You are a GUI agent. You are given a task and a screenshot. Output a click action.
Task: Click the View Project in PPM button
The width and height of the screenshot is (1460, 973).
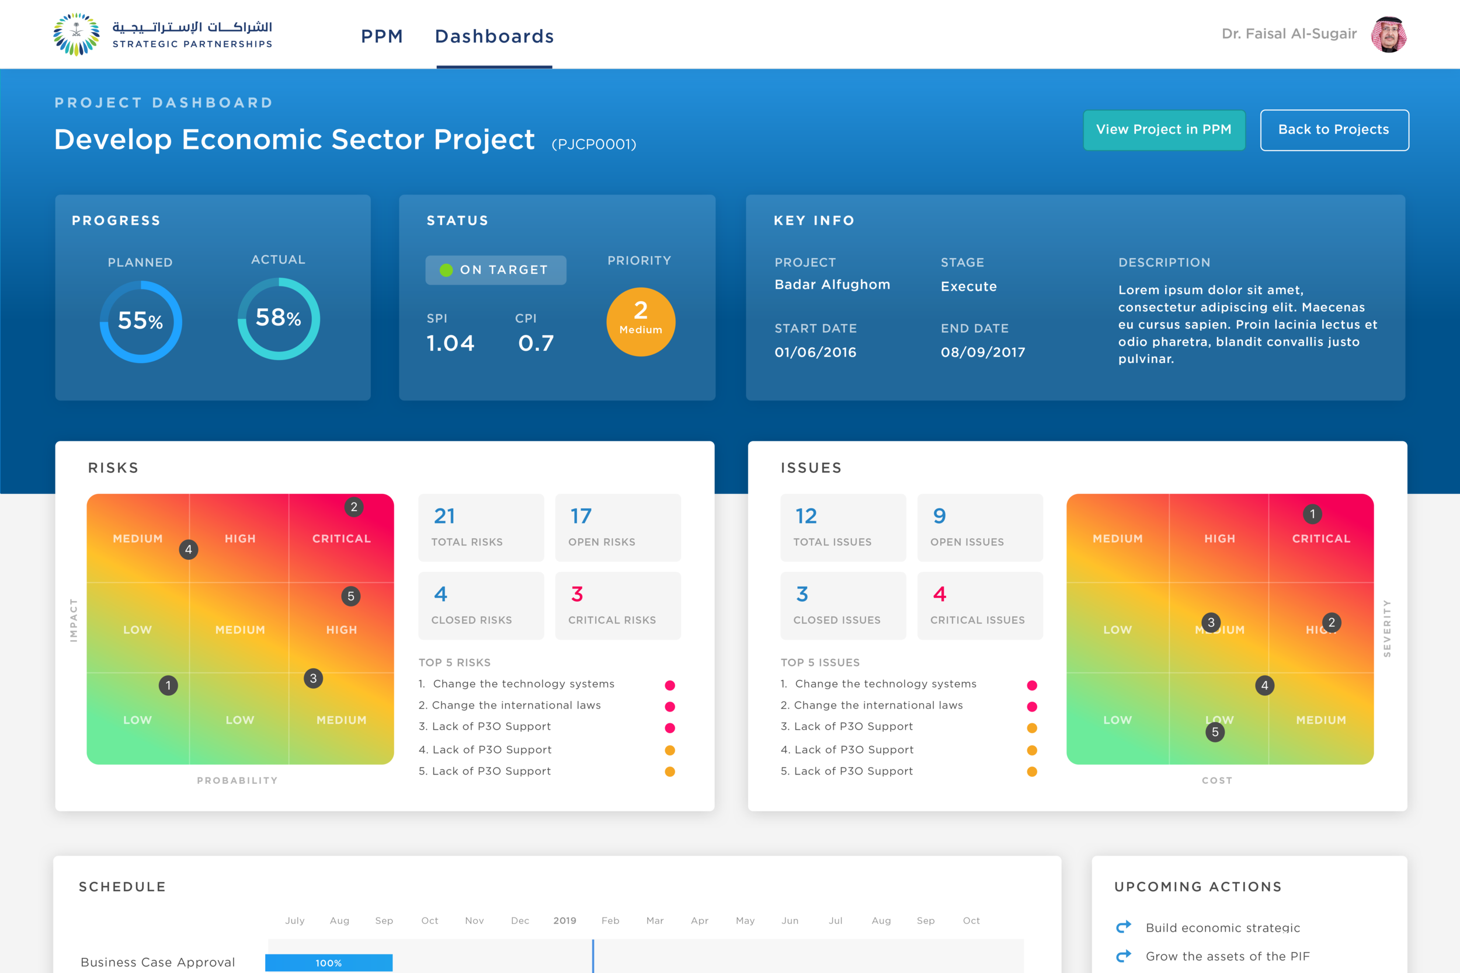[x=1163, y=130]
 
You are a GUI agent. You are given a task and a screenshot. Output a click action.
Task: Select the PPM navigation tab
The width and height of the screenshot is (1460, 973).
[x=382, y=36]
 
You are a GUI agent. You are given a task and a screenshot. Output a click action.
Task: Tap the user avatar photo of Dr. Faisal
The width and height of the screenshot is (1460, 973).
[x=1388, y=35]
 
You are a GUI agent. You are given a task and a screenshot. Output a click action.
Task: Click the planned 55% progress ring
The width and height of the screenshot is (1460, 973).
[x=141, y=322]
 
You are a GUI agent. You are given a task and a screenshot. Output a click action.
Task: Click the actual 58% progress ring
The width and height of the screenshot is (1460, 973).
[x=279, y=318]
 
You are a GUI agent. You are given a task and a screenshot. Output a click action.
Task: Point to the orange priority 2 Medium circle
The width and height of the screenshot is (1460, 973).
[x=641, y=322]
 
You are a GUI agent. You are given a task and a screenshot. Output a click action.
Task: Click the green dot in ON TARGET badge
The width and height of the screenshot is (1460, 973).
[x=446, y=270]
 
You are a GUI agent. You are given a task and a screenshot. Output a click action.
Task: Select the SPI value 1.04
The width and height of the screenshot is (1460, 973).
[x=450, y=343]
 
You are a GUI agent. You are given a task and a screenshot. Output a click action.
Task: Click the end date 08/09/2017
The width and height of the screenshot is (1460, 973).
[x=983, y=352]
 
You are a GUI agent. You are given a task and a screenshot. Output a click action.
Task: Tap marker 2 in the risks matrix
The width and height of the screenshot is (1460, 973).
[x=354, y=507]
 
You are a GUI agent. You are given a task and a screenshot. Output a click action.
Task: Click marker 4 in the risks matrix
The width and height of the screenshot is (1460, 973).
[x=189, y=549]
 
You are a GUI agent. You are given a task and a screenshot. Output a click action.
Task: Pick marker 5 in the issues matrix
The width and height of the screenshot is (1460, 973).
[x=1215, y=733]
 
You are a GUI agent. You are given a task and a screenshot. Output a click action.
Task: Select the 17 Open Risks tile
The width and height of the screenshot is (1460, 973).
[x=618, y=528]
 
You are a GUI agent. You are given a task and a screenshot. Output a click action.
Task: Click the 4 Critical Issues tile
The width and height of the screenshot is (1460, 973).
[x=979, y=606]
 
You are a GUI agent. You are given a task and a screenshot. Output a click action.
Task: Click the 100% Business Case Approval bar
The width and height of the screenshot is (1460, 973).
[x=328, y=962]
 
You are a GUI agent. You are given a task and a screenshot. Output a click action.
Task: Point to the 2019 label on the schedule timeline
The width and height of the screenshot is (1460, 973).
[x=564, y=920]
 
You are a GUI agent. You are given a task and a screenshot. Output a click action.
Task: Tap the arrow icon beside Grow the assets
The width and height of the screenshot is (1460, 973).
[x=1124, y=955]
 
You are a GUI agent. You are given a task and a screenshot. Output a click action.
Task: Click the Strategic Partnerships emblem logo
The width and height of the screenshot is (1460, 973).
[x=77, y=35]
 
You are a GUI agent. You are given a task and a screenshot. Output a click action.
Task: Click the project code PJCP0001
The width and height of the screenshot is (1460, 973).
[x=593, y=145]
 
